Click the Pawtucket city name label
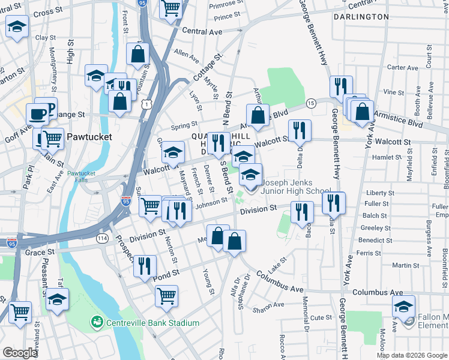tap(90, 136)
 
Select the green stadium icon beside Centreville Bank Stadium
tap(96, 323)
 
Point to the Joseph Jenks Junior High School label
tap(296, 186)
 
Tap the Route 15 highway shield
tap(311, 104)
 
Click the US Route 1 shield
tap(146, 104)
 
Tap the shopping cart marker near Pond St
tap(166, 295)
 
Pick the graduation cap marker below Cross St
tap(17, 26)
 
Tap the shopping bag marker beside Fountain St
tap(137, 53)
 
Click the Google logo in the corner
tap(20, 353)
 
